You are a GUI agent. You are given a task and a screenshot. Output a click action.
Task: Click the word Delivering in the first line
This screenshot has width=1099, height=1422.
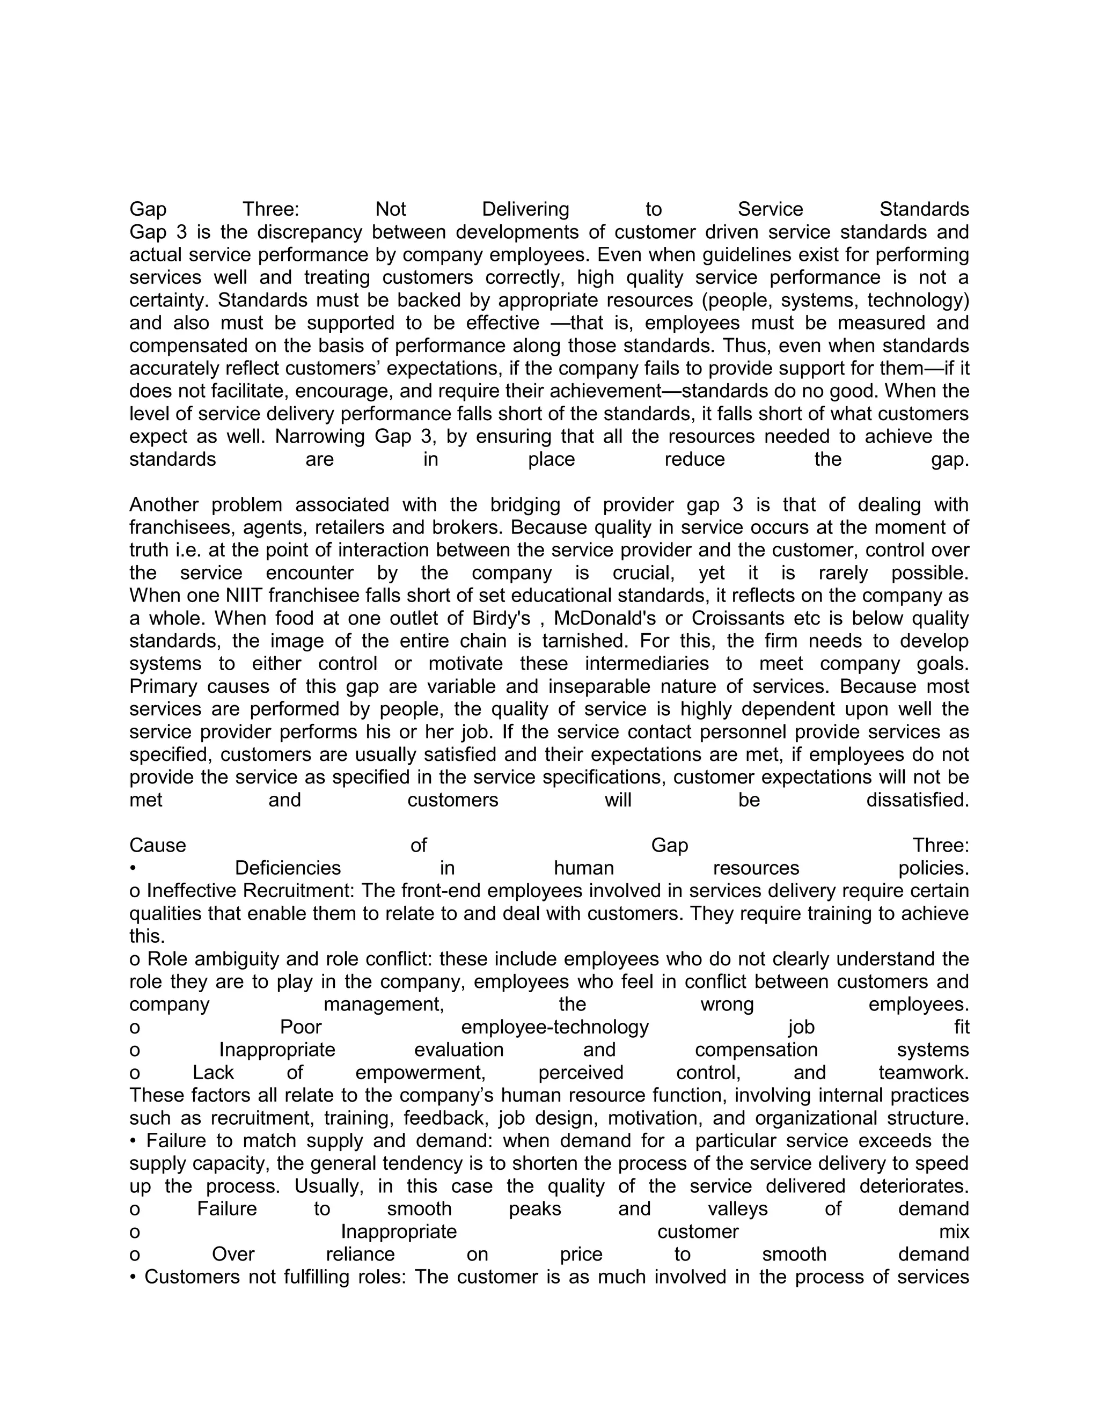525,210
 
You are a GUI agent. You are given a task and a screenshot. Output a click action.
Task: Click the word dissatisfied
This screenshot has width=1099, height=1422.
917,800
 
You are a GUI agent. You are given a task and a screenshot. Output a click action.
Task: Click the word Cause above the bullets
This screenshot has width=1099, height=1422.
158,845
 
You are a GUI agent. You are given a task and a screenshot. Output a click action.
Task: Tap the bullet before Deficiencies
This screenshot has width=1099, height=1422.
133,869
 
